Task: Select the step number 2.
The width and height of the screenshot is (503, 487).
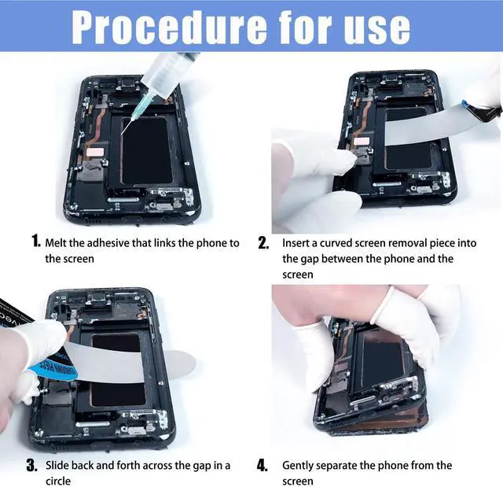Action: pyautogui.click(x=264, y=243)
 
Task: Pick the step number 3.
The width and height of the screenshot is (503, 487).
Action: pyautogui.click(x=33, y=466)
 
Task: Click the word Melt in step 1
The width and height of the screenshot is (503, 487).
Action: pyautogui.click(x=57, y=243)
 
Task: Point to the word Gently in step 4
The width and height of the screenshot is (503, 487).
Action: pyautogui.click(x=299, y=466)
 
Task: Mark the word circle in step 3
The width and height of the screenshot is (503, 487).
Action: pyautogui.click(x=58, y=481)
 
